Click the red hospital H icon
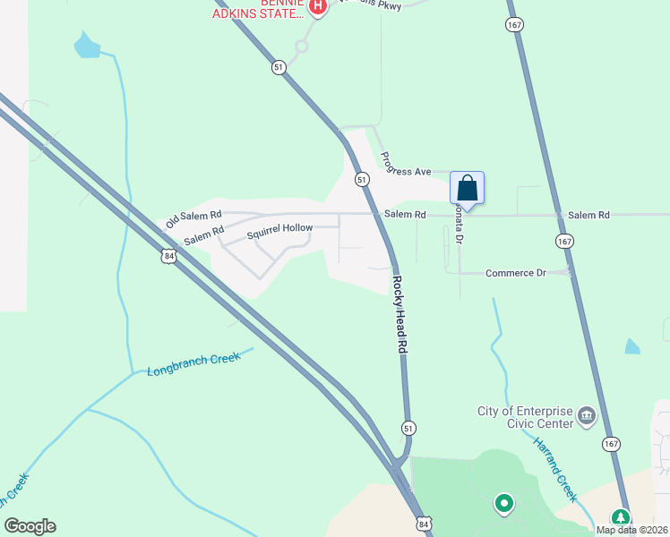tap(317, 7)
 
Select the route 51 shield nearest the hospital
tap(279, 67)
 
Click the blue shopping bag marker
tap(467, 189)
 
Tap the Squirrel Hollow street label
tap(279, 228)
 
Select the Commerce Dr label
tap(515, 272)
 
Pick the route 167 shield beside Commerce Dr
tap(563, 242)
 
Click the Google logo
tap(30, 526)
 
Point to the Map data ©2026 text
tap(631, 530)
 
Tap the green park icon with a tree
tap(620, 517)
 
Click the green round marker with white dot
tap(503, 504)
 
